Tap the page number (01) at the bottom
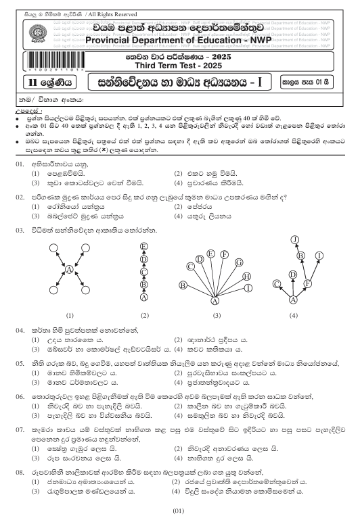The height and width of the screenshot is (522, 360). coord(179,508)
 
